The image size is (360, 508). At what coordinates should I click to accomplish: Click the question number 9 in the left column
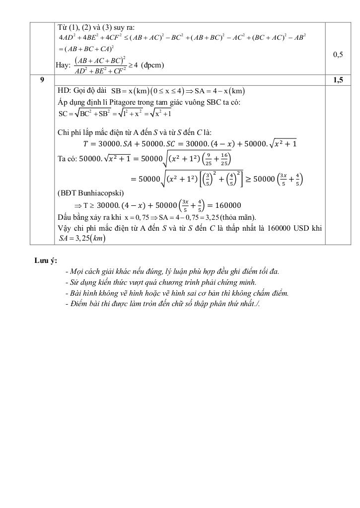coord(42,80)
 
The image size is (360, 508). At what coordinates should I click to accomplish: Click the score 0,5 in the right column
coord(338,55)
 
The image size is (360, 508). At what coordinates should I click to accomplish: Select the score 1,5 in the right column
coord(338,80)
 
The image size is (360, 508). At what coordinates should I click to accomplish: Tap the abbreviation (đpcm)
coord(152,65)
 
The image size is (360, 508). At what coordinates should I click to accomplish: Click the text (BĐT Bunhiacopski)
coord(91,193)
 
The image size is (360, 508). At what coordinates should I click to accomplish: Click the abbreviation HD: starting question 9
coord(65,91)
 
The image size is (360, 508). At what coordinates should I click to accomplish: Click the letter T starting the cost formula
coord(85,144)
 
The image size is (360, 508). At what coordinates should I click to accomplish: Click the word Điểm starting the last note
coord(78,304)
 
